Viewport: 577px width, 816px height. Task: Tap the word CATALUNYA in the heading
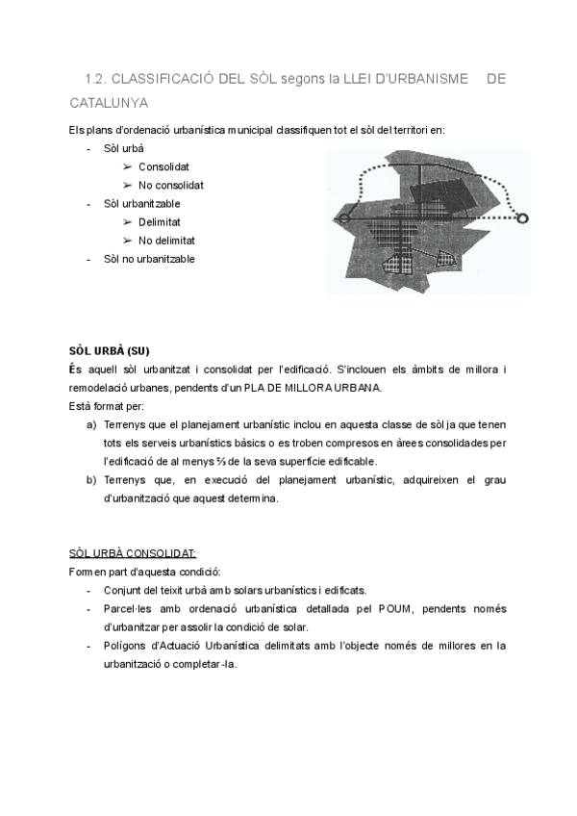pos(109,101)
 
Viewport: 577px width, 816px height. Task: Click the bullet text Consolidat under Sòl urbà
pos(163,167)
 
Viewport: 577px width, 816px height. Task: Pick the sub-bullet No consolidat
pos(171,186)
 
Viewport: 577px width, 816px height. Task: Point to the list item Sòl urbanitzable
pos(141,204)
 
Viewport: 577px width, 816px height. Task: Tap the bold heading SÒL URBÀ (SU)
pos(110,350)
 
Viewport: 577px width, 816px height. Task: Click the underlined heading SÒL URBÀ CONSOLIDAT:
pos(133,553)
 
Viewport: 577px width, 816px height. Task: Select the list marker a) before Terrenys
pos(91,424)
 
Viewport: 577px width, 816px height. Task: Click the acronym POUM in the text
pos(398,609)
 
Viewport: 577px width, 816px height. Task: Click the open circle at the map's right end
pos(523,219)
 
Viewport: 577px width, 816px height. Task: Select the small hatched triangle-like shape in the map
pos(445,258)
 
